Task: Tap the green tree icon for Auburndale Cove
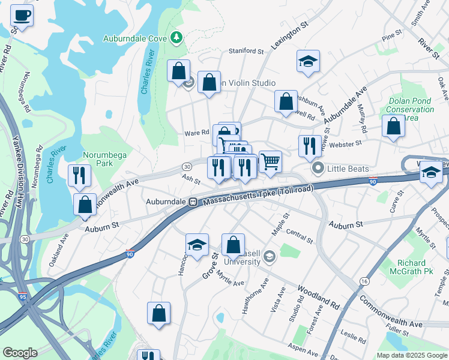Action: point(176,38)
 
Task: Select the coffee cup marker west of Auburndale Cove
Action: point(22,16)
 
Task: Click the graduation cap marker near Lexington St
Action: point(308,62)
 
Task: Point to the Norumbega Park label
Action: point(105,159)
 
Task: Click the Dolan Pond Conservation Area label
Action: point(411,110)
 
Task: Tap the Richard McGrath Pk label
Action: point(420,267)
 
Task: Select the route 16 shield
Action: point(364,281)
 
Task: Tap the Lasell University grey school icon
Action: point(269,256)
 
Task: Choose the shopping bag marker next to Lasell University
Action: point(233,245)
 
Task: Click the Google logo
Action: point(20,353)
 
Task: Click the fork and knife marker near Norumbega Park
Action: point(79,176)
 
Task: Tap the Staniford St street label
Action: point(246,52)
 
